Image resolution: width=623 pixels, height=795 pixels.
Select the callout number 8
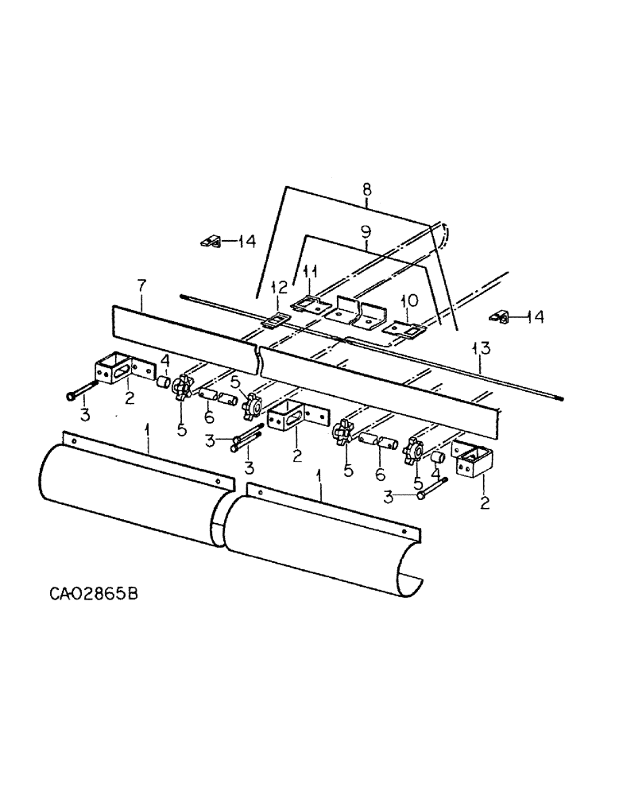click(366, 191)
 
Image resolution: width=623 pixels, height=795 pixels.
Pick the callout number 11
click(311, 273)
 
